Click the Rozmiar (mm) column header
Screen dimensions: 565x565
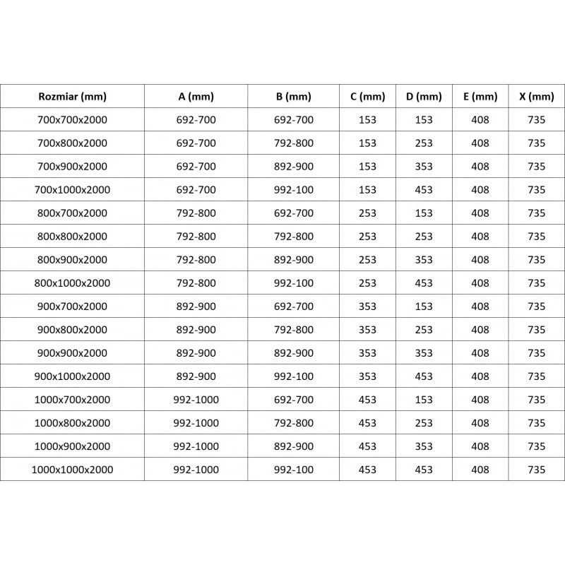pyautogui.click(x=72, y=97)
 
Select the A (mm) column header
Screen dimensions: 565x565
pyautogui.click(x=196, y=97)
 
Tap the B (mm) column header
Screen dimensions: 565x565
pyautogui.click(x=293, y=97)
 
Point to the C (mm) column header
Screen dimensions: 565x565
pyautogui.click(x=367, y=97)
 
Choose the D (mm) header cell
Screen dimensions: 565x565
pyautogui.click(x=424, y=97)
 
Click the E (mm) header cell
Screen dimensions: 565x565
pyautogui.click(x=480, y=97)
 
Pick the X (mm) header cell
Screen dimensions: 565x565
pyautogui.click(x=536, y=97)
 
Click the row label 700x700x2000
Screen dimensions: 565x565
pyautogui.click(x=72, y=120)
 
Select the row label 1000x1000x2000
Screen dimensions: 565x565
pyautogui.click(x=72, y=470)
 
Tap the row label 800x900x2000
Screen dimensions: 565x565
pyautogui.click(x=72, y=260)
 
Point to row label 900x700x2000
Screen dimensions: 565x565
pyautogui.click(x=72, y=307)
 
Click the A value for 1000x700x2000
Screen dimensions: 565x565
pyautogui.click(x=196, y=400)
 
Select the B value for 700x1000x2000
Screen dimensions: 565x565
pyautogui.click(x=293, y=190)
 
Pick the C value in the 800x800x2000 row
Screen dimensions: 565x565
pyautogui.click(x=367, y=237)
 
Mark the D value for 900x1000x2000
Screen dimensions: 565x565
pyautogui.click(x=424, y=376)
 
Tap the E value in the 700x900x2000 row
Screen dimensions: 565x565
pyautogui.click(x=480, y=167)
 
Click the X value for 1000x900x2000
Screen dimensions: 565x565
pyautogui.click(x=536, y=446)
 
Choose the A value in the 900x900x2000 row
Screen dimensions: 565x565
pyautogui.click(x=196, y=353)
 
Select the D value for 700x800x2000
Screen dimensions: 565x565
pyautogui.click(x=424, y=143)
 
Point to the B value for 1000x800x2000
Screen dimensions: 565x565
pyautogui.click(x=293, y=423)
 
